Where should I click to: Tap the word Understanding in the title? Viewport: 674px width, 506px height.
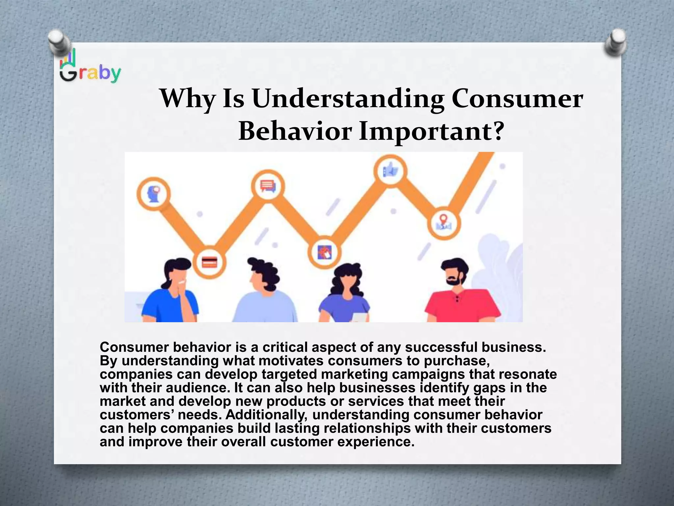(348, 99)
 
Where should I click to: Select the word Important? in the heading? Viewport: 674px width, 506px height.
(431, 131)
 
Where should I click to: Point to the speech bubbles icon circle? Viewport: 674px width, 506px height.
(268, 186)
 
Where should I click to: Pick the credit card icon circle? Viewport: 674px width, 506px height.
(209, 263)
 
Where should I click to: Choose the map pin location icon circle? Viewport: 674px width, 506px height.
(444, 223)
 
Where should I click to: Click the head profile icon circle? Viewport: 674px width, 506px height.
(154, 194)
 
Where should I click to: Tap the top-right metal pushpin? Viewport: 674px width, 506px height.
(615, 42)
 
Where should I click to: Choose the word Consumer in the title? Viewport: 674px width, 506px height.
(517, 99)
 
